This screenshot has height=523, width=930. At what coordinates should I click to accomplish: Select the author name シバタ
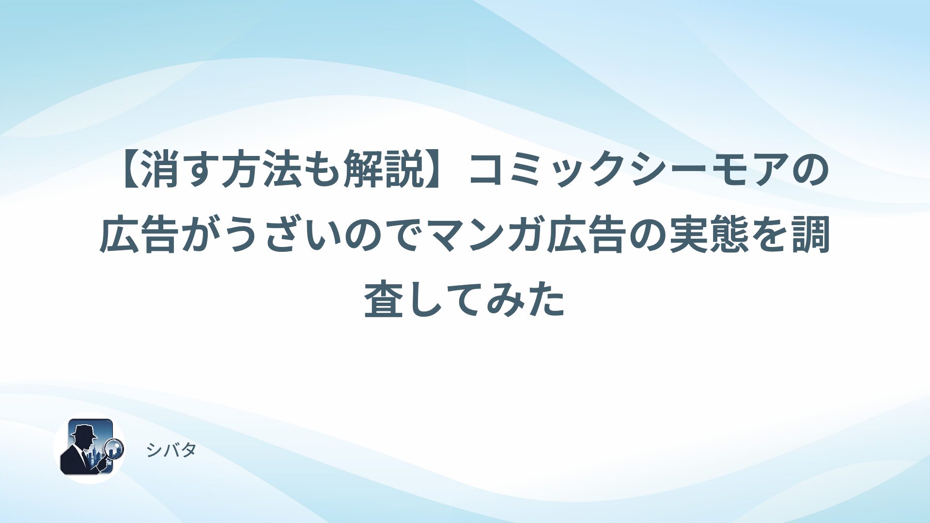tap(171, 450)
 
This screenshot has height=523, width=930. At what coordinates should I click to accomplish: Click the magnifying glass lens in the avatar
tap(115, 447)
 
